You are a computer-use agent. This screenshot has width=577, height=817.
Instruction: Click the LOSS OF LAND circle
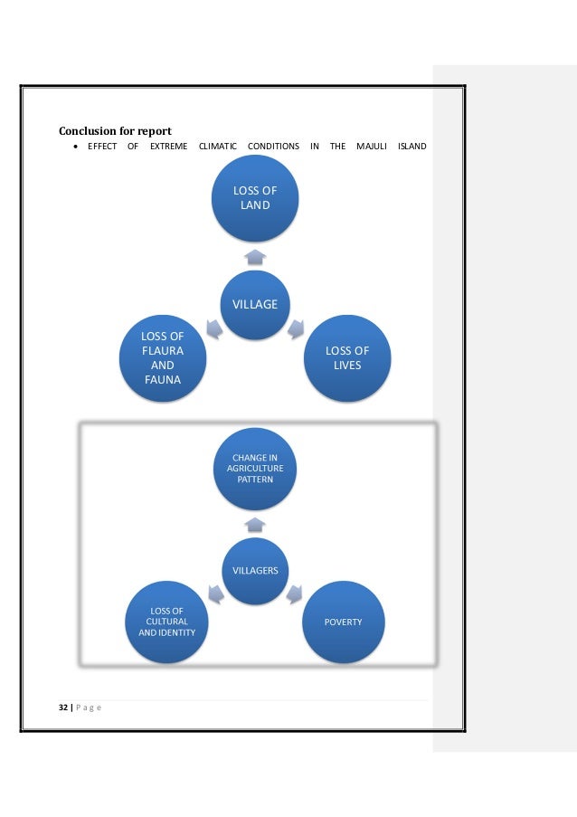click(255, 198)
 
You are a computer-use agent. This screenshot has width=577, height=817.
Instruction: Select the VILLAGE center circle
click(255, 305)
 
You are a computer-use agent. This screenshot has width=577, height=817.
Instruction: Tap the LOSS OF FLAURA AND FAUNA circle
click(163, 358)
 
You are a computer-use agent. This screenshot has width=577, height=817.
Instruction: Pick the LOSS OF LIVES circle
click(347, 358)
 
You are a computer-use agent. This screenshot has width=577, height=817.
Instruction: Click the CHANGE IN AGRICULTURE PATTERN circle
click(255, 469)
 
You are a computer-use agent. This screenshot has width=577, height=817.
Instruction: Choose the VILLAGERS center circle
click(255, 571)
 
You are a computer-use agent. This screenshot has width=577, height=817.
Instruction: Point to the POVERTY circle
click(343, 622)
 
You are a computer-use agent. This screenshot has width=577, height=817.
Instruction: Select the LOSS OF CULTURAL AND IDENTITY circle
click(166, 622)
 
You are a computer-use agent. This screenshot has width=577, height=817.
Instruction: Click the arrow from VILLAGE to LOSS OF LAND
click(255, 257)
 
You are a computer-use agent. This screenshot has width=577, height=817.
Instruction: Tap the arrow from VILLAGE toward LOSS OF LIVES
click(296, 328)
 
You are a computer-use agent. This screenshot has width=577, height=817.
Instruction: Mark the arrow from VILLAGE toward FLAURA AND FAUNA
click(214, 328)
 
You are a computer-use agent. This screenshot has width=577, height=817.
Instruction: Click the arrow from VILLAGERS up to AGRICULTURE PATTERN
click(255, 525)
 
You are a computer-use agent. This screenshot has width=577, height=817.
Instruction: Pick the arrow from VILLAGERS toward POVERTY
click(294, 594)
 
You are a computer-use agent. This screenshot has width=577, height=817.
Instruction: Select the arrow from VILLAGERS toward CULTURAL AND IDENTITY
click(216, 594)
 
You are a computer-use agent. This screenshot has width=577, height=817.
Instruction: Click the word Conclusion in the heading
click(88, 131)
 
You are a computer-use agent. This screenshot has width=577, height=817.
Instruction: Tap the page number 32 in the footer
click(63, 707)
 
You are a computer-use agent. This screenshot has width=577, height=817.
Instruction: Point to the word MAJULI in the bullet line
click(372, 147)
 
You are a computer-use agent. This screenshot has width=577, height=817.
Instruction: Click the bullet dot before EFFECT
click(76, 147)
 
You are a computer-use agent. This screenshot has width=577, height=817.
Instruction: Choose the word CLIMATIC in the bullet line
click(218, 147)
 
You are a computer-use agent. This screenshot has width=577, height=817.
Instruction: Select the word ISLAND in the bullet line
click(411, 147)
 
